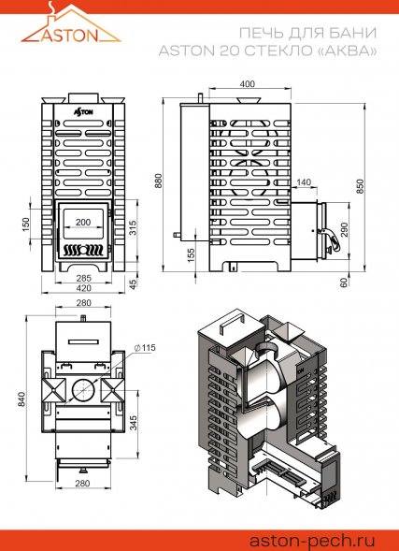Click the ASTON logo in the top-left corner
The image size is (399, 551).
tap(71, 24)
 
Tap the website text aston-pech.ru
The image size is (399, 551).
tap(312, 540)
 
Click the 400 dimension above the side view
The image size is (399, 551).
tap(248, 84)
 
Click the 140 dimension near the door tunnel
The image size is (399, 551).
tap(304, 182)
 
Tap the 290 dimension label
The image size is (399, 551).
tap(344, 230)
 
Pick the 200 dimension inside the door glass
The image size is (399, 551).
tap(83, 222)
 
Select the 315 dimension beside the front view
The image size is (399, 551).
tap(133, 227)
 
